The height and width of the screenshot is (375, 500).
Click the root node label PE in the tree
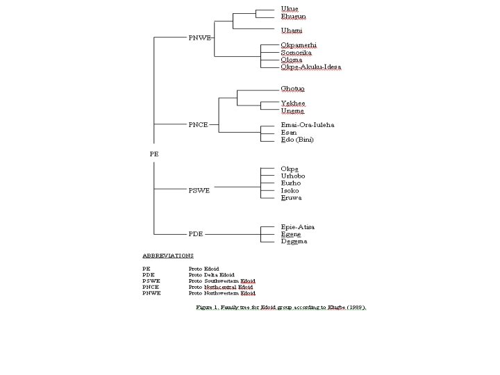154,154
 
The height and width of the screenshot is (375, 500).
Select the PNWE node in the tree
200,37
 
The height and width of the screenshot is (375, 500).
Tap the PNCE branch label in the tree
198,125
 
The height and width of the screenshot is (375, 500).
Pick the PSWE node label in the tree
199,190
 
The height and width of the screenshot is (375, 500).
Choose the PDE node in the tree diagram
196,234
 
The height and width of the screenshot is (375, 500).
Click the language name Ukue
290,9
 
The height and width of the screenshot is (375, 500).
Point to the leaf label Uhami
292,31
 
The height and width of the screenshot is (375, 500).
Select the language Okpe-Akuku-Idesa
310,67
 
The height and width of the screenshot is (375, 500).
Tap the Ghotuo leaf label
292,89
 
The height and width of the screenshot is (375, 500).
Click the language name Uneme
292,111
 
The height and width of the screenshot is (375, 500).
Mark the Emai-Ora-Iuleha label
307,125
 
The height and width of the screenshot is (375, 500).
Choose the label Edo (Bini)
297,140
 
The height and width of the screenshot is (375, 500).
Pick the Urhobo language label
293,176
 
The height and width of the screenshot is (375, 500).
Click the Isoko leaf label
290,190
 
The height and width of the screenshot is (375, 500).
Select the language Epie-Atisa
297,227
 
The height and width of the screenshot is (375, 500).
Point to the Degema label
294,242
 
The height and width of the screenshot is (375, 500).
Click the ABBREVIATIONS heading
167,256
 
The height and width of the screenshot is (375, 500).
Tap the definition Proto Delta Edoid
211,274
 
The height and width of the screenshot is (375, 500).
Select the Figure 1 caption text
281,307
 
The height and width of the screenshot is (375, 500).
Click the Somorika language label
296,53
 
